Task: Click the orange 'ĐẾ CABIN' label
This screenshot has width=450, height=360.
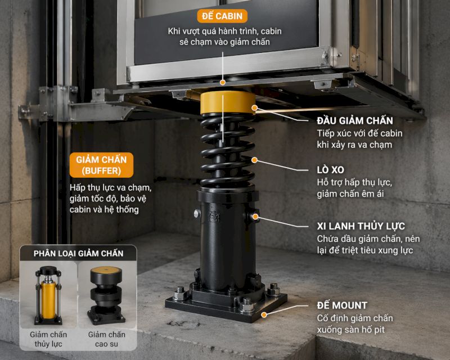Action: [x=222, y=16]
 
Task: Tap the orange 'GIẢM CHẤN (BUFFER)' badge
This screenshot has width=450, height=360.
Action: [x=102, y=165]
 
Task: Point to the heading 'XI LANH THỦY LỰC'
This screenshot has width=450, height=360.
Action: [x=361, y=226]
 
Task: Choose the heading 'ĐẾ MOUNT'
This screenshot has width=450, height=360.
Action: [x=342, y=305]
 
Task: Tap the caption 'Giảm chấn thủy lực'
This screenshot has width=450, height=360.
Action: [x=48, y=339]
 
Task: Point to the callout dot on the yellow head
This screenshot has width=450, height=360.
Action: [x=255, y=107]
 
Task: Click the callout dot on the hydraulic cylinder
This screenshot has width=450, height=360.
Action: [x=255, y=216]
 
